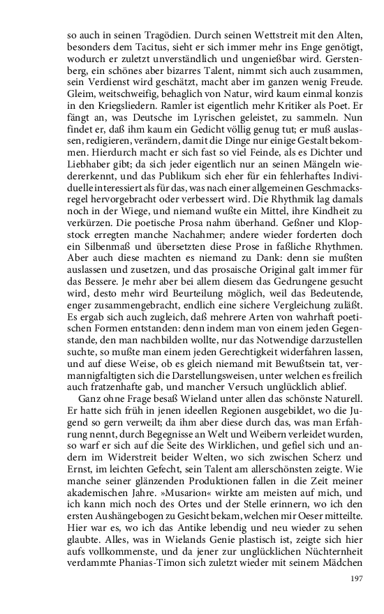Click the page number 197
pyautogui.click(x=356, y=578)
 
